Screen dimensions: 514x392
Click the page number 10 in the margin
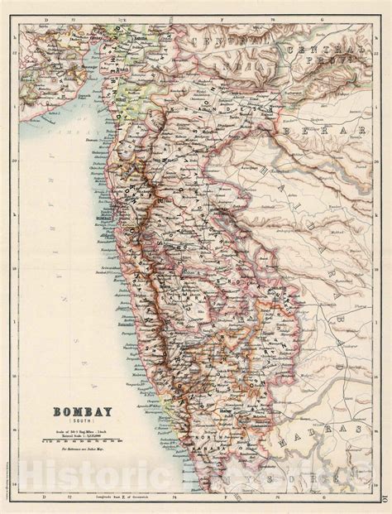pos(385,497)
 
